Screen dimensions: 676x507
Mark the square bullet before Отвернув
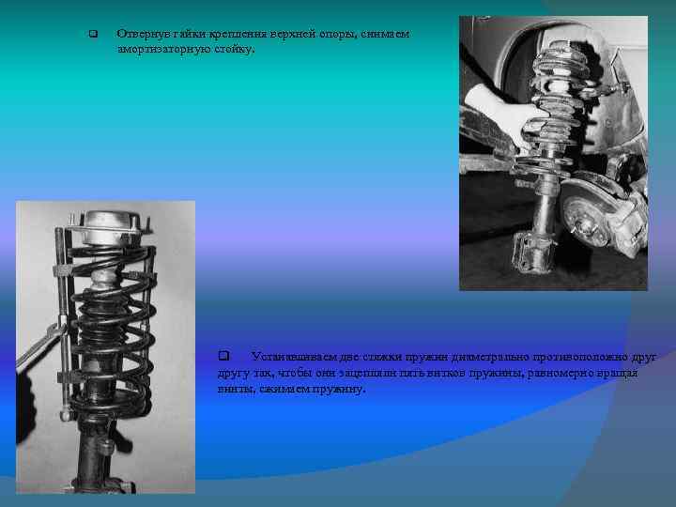coord(93,34)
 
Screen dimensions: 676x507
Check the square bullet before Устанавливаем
coord(223,356)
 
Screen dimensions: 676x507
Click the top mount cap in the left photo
coord(111,227)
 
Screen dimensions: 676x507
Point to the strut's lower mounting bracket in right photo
coord(531,253)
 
